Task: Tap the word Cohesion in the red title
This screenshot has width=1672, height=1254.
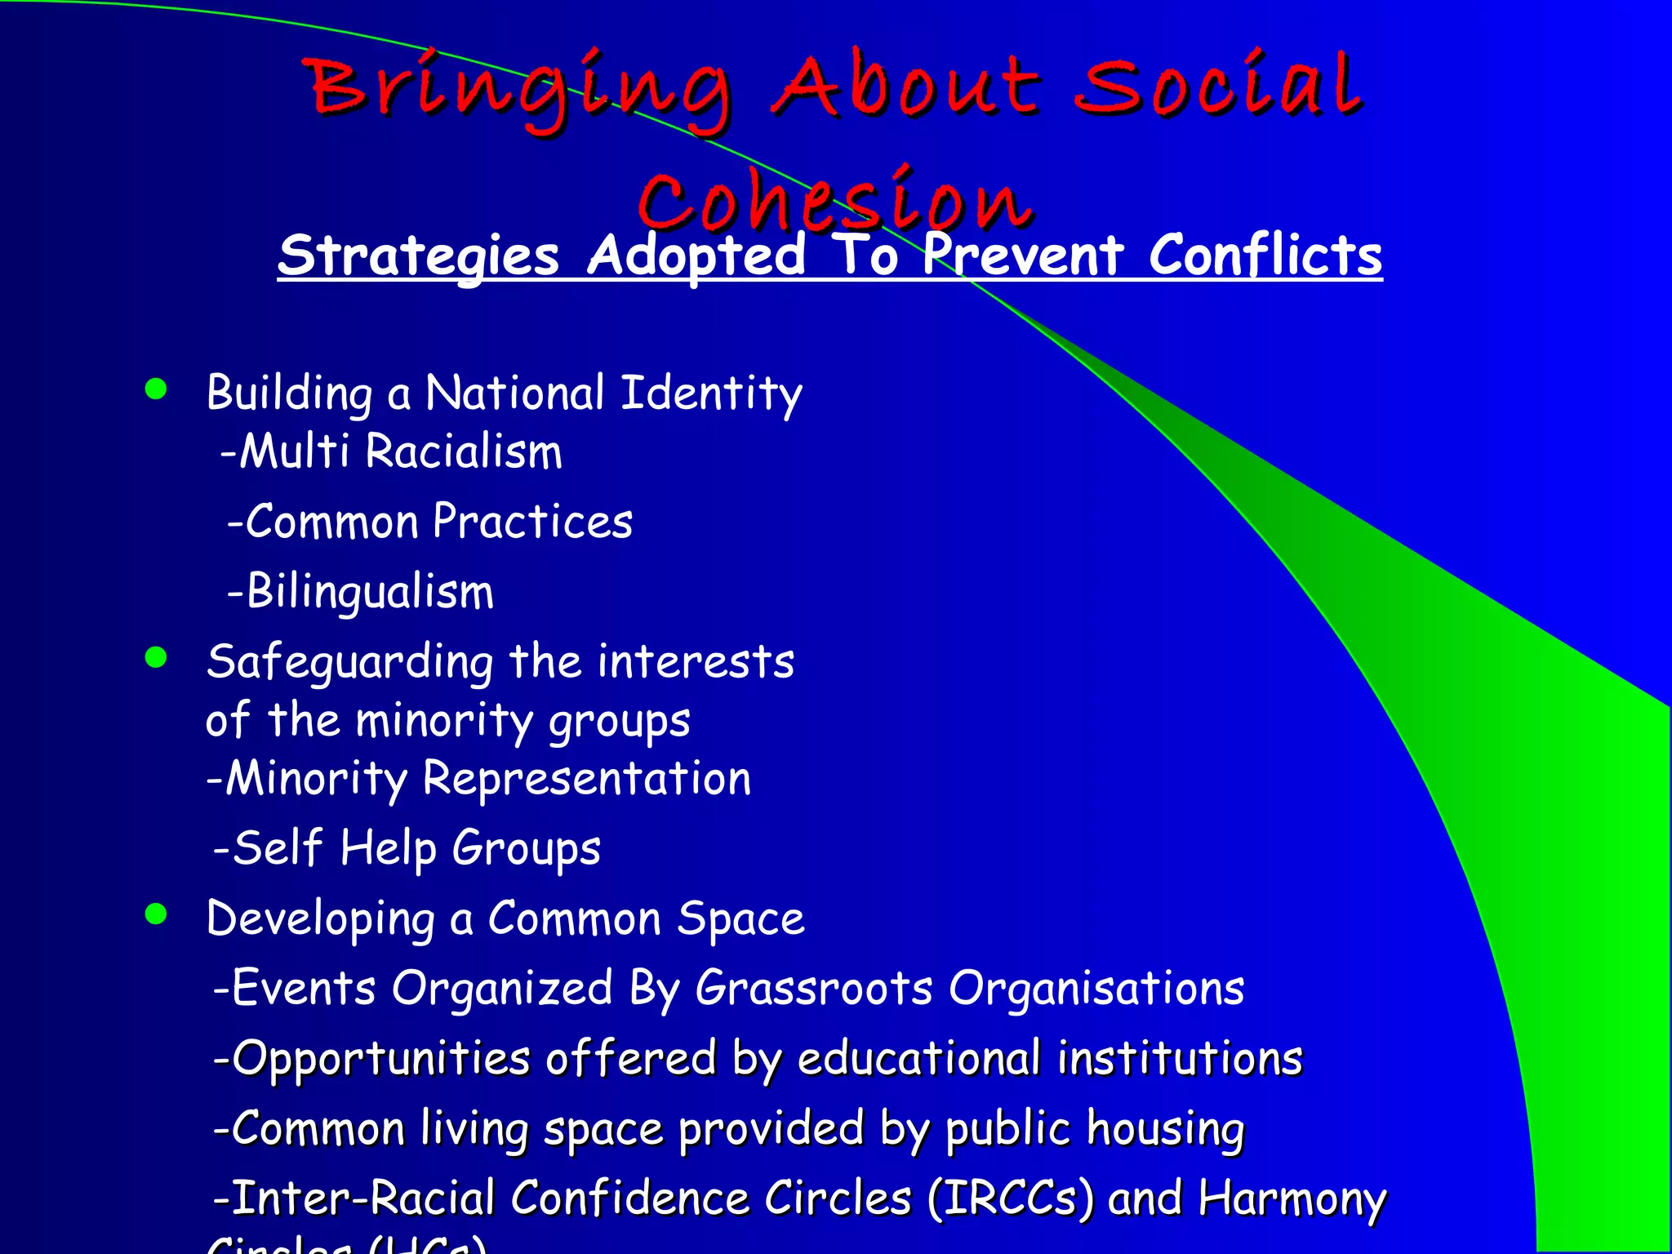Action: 834,200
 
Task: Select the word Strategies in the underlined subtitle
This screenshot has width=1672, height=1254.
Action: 418,256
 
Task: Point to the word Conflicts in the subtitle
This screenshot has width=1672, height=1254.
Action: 1265,256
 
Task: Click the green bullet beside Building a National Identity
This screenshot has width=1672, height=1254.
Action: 155,389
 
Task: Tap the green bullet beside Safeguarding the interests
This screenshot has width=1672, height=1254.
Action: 155,656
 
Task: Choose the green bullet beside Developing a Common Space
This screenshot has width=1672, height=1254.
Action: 155,914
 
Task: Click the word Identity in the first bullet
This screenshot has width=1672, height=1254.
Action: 711,394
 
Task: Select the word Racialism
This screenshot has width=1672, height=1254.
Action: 464,451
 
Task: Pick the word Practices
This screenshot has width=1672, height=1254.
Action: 532,522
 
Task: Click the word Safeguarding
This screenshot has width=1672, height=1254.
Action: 349,662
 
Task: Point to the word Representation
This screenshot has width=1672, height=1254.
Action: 586,778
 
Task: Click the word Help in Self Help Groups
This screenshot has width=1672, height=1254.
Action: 388,849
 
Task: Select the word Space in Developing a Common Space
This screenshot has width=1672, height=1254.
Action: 740,919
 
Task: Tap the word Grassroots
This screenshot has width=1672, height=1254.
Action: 813,989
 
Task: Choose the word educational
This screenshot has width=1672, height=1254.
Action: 918,1059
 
